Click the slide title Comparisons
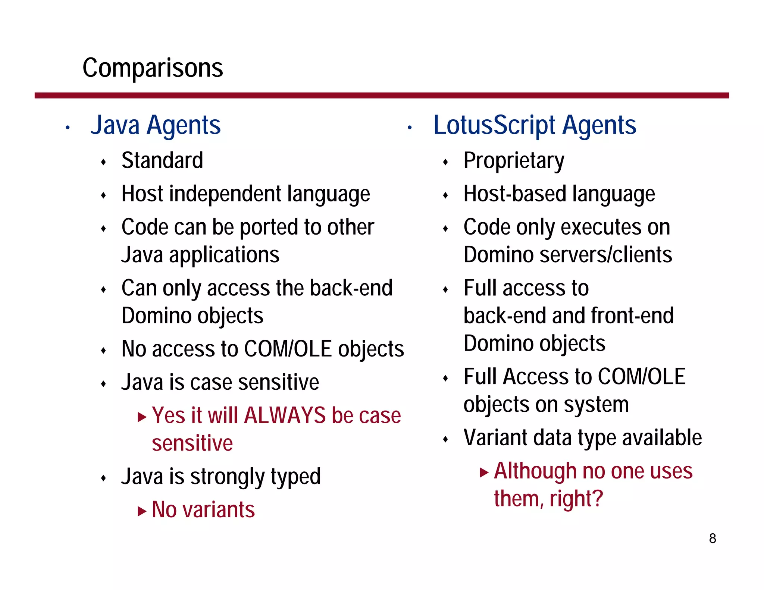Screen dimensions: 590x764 [153, 68]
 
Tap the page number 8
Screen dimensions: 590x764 [712, 539]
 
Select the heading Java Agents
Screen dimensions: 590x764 [156, 125]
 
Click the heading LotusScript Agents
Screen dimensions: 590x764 [535, 125]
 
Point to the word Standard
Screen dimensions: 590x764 [162, 161]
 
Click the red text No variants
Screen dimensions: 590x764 [203, 509]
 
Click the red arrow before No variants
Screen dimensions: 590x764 [142, 511]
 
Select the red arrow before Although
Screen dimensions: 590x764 [484, 473]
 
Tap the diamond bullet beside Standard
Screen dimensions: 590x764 [104, 162]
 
